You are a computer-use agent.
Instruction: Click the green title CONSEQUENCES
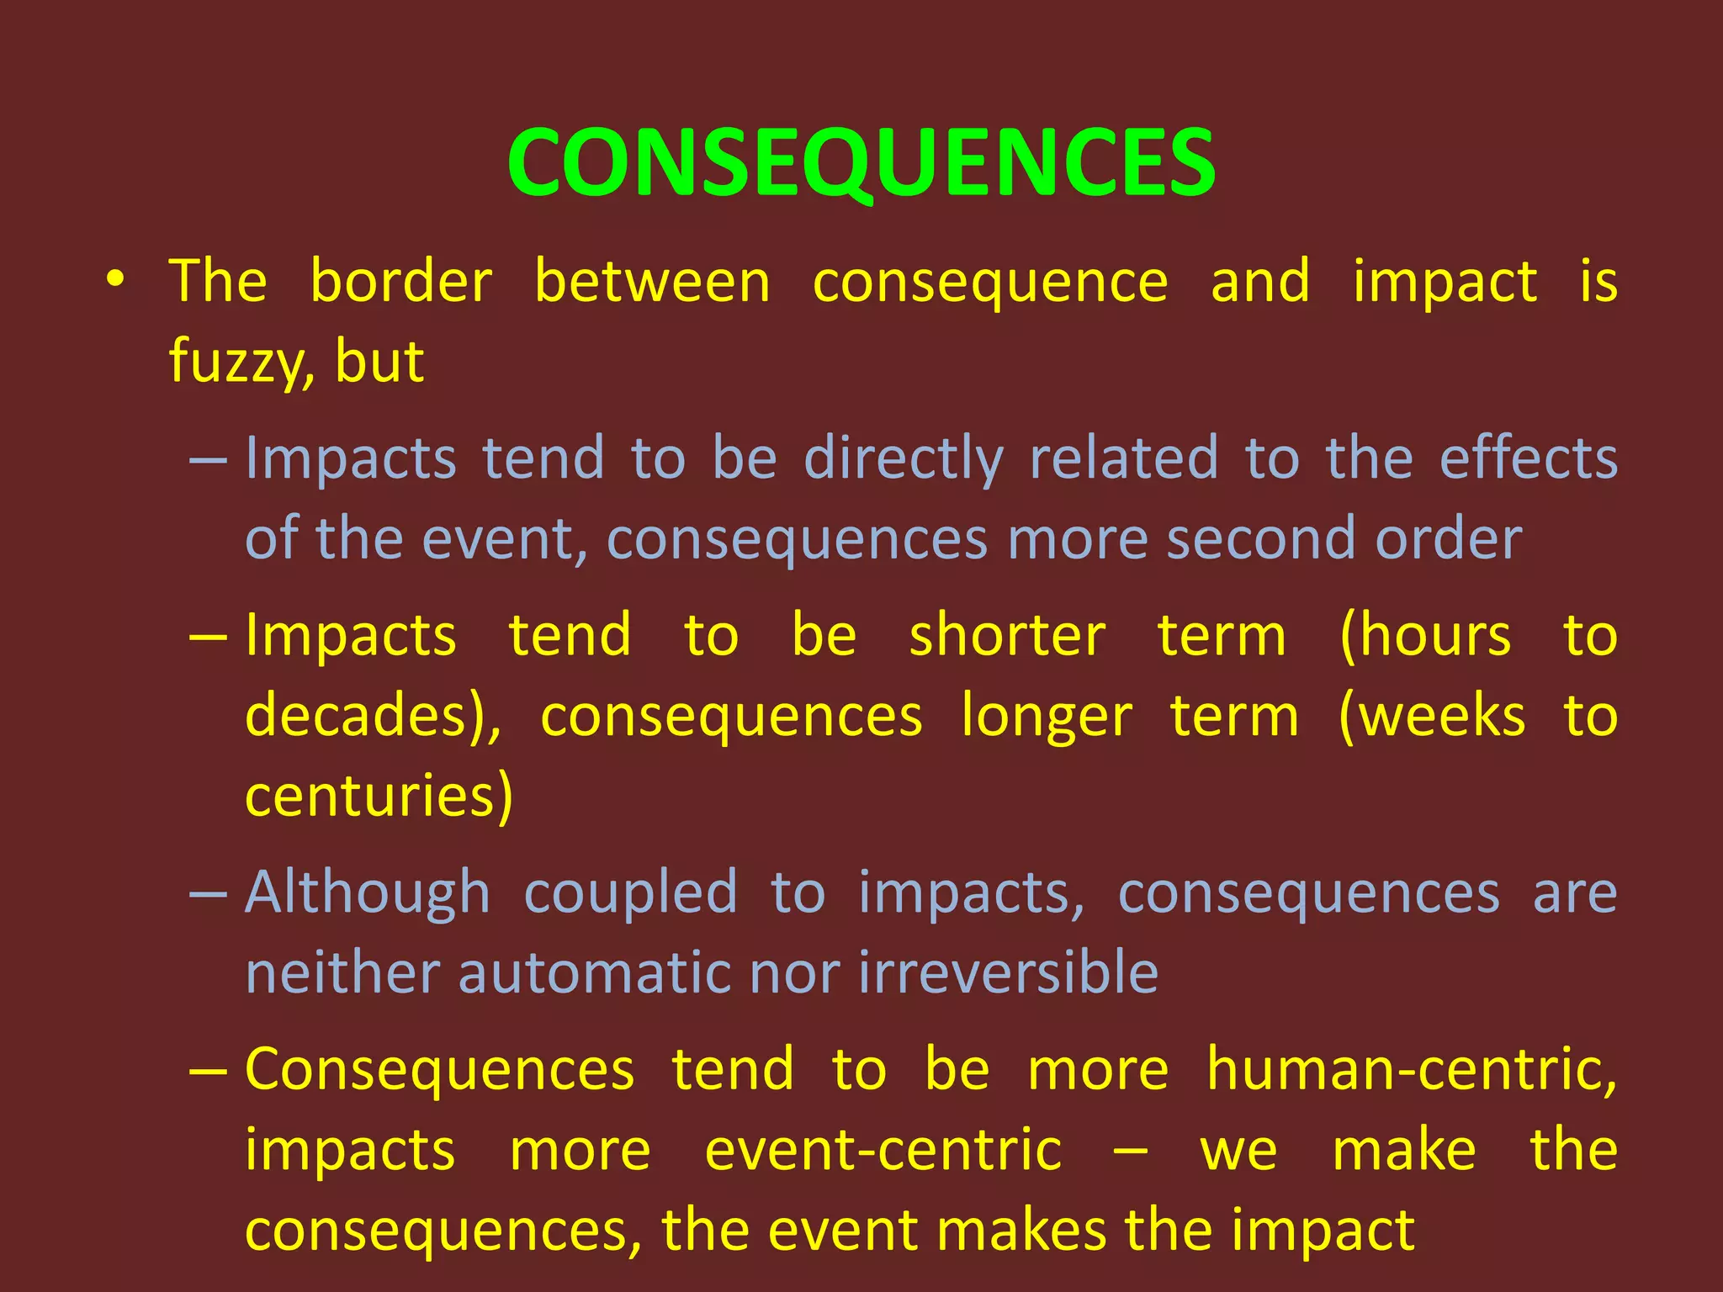tap(861, 162)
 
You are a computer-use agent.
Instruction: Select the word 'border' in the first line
tap(400, 282)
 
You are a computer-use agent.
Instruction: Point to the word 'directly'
tap(904, 459)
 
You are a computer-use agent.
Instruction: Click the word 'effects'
tap(1528, 459)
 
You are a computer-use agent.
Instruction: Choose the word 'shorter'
tap(1007, 636)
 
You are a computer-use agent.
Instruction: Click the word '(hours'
tap(1425, 636)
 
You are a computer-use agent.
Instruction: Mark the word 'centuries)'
tap(379, 796)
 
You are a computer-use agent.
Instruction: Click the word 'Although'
tap(368, 892)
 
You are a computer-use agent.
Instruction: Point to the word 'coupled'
tap(630, 892)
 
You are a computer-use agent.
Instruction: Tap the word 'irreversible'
tap(1008, 973)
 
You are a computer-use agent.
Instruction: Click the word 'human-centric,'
tap(1411, 1070)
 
